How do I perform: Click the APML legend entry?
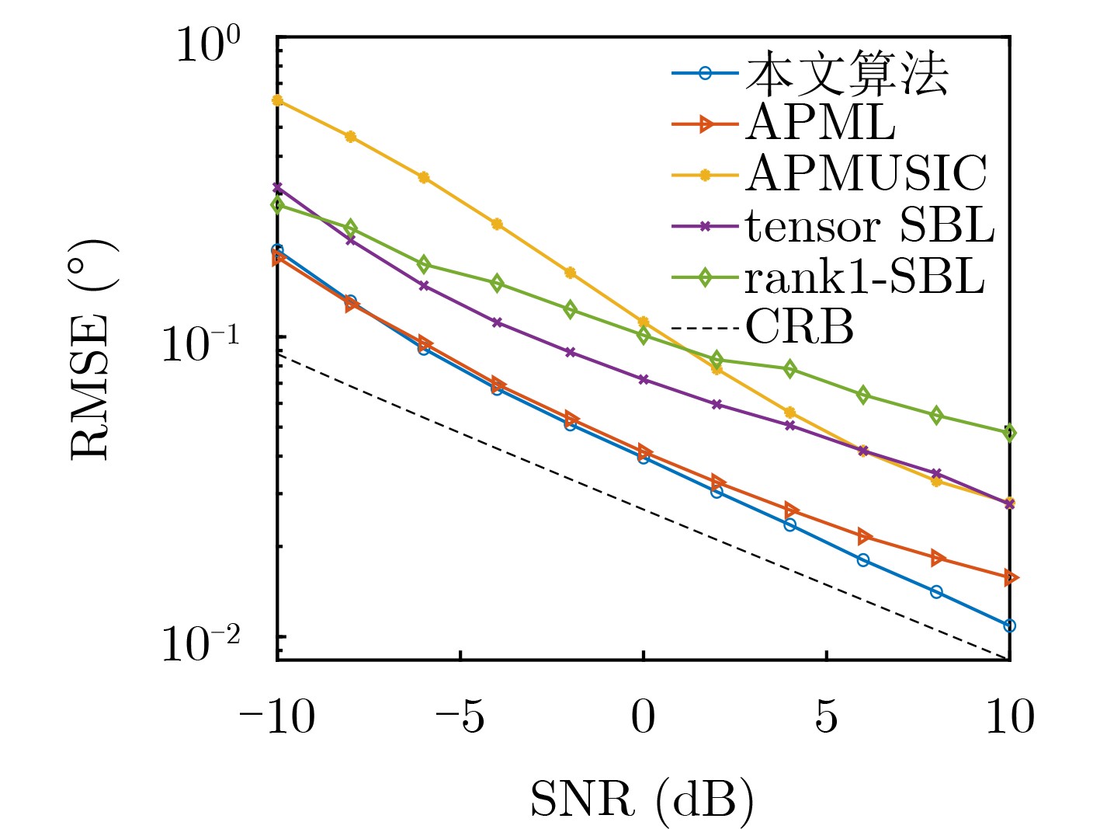coord(820,123)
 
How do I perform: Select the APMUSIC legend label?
coord(866,173)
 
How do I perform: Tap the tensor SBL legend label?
coord(869,225)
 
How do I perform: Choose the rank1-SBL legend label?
coord(865,277)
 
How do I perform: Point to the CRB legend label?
coord(800,327)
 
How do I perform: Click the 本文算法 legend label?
coord(847,75)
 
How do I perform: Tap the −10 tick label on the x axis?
coord(277,716)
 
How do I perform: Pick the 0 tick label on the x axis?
coord(643,716)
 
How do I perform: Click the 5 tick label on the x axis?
coord(826,716)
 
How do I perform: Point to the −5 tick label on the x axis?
coord(460,716)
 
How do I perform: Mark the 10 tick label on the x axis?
coord(1009,716)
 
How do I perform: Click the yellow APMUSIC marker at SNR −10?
coord(278,100)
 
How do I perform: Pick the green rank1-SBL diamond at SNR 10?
coord(1009,433)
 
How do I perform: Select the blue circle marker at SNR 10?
coord(1009,625)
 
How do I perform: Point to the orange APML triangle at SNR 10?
coord(1009,577)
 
